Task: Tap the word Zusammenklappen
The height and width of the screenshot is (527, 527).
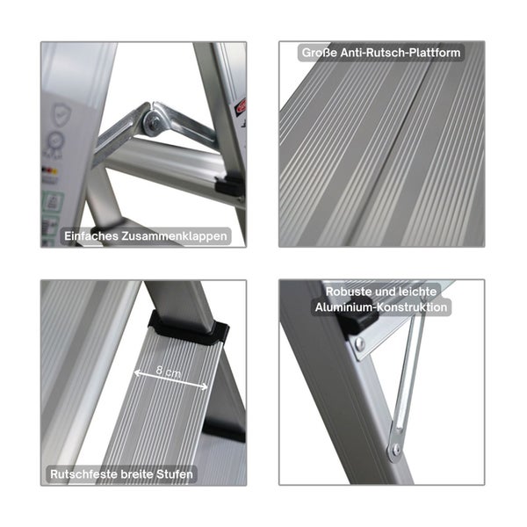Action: pos(174,236)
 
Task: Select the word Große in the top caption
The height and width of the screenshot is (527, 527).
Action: pos(320,53)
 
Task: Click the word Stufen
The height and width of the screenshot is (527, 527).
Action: pos(175,474)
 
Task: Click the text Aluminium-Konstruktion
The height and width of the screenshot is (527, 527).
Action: pos(381,307)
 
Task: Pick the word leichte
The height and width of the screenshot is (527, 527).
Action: pos(417,292)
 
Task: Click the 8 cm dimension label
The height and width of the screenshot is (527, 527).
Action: pos(169,372)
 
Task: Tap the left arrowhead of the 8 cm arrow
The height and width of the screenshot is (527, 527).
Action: pos(137,372)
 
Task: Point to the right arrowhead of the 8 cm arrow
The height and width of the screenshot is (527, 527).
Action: pos(204,386)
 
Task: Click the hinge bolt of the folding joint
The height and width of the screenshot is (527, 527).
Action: pos(155,124)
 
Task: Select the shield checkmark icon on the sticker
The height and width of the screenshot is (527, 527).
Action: pos(62,113)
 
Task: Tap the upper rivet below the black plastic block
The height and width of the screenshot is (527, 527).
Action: pos(359,343)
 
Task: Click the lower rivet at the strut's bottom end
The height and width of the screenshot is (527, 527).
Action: pos(397,449)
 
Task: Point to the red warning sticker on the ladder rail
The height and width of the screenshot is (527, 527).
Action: pos(241,106)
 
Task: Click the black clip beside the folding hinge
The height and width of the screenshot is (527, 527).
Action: pos(229,185)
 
